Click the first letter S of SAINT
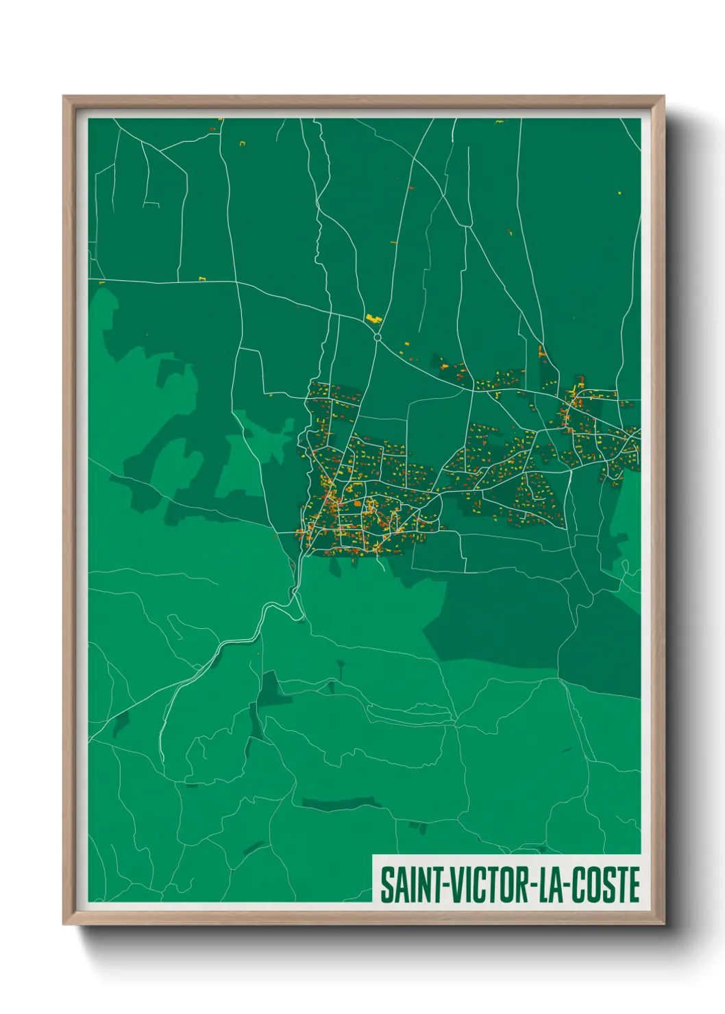coord(387,885)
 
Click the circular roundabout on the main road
coord(377,337)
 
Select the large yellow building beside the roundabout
coord(373,318)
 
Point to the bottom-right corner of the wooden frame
coord(663,924)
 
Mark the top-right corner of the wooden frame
coord(663,97)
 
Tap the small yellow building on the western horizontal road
coord(202,279)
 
